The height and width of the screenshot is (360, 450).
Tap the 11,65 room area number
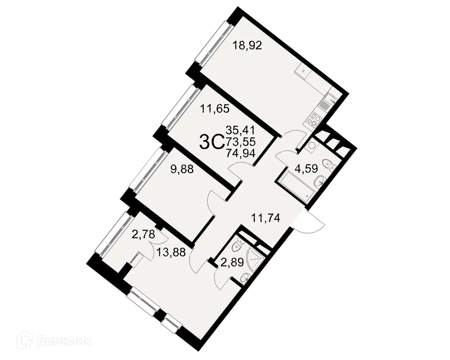coord(215,109)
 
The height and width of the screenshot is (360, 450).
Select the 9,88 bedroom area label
coord(182,169)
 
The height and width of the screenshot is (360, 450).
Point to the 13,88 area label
coord(171,252)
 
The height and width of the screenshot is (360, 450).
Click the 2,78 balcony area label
coord(143,234)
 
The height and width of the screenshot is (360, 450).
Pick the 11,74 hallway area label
coord(265,218)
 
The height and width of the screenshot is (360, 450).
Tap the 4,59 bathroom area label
coord(306,168)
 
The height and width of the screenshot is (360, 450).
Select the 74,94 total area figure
coord(240,153)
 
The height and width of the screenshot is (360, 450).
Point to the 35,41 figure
coord(240,130)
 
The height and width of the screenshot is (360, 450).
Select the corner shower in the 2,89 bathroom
coord(255,258)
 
